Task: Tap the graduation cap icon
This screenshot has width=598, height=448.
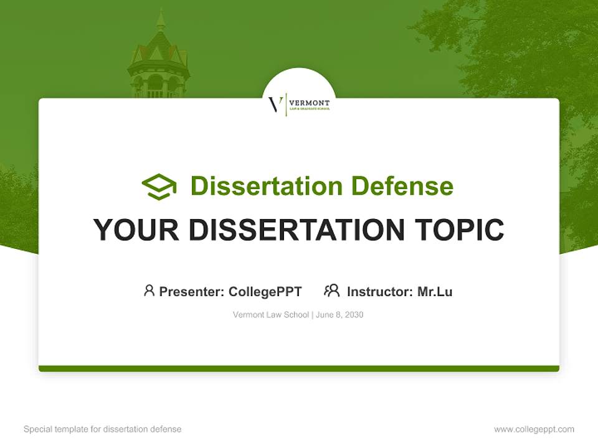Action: [x=159, y=187]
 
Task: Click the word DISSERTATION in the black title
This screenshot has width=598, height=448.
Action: [x=297, y=230]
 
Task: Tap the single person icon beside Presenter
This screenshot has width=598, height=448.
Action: [x=149, y=290]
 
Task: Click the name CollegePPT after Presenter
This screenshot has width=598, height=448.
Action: [x=265, y=291]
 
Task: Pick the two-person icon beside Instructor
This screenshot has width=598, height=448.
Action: [x=332, y=290]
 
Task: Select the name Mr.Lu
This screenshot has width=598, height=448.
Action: [x=435, y=291]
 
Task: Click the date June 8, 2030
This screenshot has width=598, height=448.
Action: [x=339, y=315]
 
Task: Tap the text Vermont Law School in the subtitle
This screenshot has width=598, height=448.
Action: [x=270, y=315]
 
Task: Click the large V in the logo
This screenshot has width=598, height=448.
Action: [x=275, y=104]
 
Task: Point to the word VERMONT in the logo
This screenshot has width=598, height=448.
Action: [x=310, y=101]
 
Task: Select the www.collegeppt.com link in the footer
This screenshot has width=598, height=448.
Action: [x=534, y=429]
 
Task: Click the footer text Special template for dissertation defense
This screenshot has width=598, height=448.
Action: [x=102, y=429]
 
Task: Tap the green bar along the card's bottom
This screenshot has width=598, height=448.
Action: [x=299, y=369]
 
